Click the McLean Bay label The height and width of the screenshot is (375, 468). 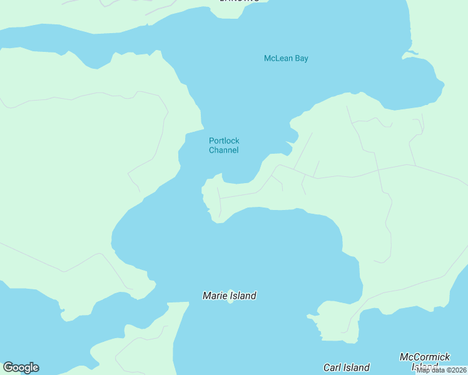click(286, 59)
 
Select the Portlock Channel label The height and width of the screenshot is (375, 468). click(224, 146)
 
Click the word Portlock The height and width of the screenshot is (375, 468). click(224, 141)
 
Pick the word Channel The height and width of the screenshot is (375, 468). click(224, 151)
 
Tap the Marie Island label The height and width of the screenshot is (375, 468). click(230, 296)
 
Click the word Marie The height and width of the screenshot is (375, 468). click(215, 296)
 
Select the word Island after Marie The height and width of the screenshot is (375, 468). click(243, 296)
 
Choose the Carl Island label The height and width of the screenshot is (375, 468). click(346, 367)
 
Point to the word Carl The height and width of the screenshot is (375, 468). click(333, 367)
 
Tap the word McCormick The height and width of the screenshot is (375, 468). click(425, 357)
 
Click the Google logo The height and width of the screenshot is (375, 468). click(21, 367)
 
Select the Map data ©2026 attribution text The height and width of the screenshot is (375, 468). click(442, 370)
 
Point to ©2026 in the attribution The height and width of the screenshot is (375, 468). click(456, 370)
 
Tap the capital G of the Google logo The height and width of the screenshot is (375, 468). click(8, 367)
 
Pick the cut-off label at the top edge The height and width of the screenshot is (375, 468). click(239, 1)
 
